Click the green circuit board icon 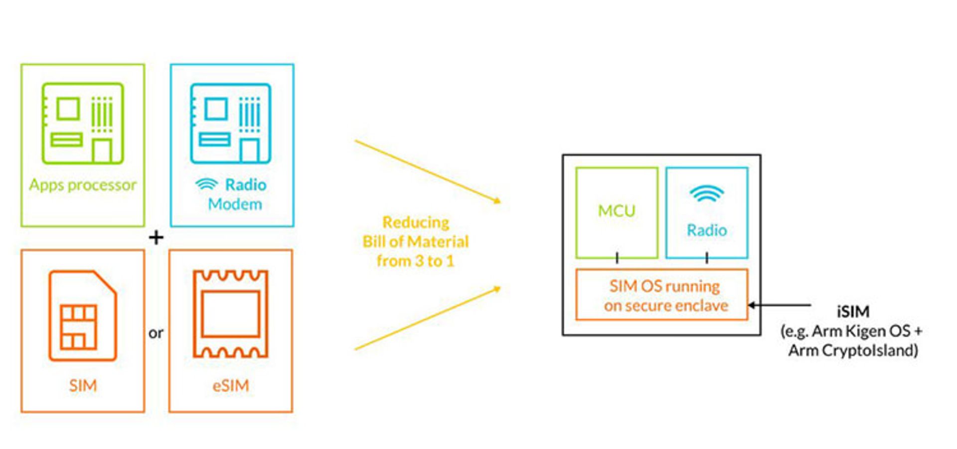click(x=83, y=123)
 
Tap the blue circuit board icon click(x=231, y=123)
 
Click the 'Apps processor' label click(x=83, y=185)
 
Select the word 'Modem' click(x=235, y=204)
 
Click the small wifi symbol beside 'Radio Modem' click(x=206, y=184)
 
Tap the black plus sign click(x=156, y=237)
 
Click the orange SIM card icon click(x=83, y=316)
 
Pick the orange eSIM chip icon click(x=230, y=314)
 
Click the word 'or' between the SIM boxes click(x=156, y=333)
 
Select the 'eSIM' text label click(x=230, y=385)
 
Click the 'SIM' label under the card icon click(x=83, y=385)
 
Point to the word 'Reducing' click(x=416, y=222)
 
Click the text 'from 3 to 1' click(x=415, y=261)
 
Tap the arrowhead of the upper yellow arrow click(x=496, y=200)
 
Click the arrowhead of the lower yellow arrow click(x=496, y=289)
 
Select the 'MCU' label click(x=617, y=211)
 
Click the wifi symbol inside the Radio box click(x=707, y=194)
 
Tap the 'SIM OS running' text click(x=664, y=286)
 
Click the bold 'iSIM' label click(x=853, y=312)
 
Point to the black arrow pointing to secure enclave click(x=780, y=305)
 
